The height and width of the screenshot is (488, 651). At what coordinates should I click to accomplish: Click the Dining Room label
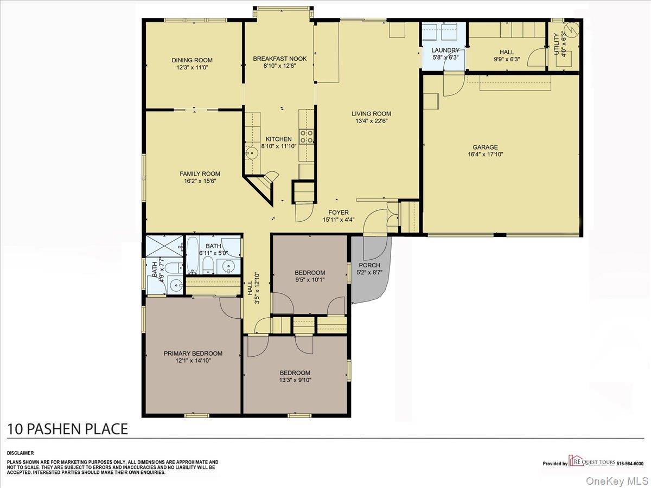tap(192, 60)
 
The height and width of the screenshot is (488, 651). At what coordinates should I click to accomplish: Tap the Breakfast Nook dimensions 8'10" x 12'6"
tap(280, 66)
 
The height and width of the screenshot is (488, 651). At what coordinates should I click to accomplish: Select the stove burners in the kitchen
tap(307, 136)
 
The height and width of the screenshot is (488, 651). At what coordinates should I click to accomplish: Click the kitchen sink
tap(252, 153)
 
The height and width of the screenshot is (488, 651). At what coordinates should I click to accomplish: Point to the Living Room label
tap(371, 113)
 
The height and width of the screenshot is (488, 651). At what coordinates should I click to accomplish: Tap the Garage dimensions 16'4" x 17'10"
tap(485, 154)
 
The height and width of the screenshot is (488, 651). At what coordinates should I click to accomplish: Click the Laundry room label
tap(445, 50)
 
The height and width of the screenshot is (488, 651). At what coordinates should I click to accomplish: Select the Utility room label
tap(557, 44)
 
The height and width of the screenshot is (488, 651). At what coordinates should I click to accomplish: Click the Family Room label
tap(200, 174)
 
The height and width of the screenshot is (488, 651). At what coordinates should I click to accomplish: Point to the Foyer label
tap(339, 213)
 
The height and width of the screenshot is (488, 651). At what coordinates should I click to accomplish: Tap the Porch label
tap(369, 265)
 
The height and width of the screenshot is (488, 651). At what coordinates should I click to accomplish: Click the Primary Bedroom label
tap(193, 353)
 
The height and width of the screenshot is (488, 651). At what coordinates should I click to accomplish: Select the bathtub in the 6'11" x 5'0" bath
tap(193, 255)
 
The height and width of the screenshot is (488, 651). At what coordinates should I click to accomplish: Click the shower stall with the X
tap(164, 246)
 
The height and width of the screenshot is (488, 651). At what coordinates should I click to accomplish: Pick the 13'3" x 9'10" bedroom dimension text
tap(295, 380)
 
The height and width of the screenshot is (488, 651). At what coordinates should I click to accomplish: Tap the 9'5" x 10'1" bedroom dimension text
tap(310, 280)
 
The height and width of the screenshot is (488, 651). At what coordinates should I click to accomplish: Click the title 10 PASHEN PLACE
tap(67, 429)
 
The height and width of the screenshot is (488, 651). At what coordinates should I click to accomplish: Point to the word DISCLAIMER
tap(21, 453)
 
